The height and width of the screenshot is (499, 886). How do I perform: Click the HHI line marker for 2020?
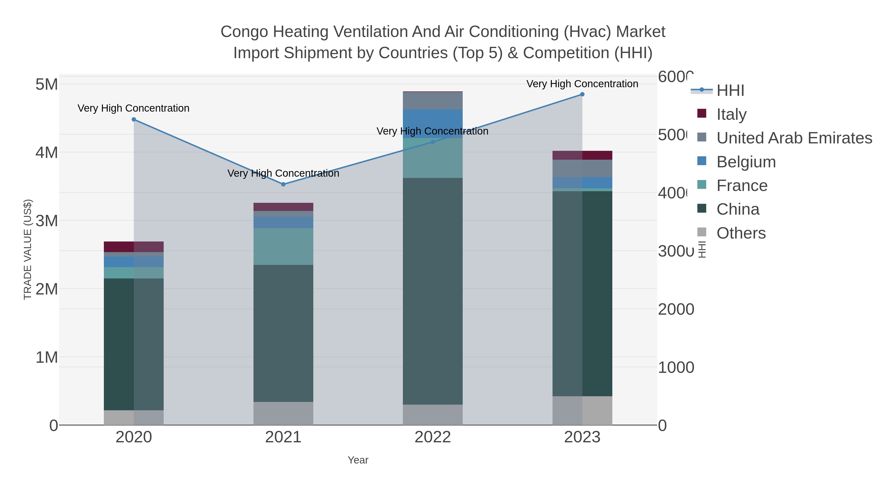tap(134, 120)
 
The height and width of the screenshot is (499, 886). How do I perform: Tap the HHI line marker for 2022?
tap(433, 142)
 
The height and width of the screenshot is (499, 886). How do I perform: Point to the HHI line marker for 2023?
tap(582, 94)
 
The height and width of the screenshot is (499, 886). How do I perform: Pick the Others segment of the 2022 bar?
tap(433, 415)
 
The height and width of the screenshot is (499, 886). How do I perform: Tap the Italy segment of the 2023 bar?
tap(582, 155)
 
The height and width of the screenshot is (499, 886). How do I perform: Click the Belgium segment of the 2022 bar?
tap(433, 124)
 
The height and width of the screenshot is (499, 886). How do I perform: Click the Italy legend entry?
tap(731, 114)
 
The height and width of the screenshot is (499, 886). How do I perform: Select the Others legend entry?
tap(741, 233)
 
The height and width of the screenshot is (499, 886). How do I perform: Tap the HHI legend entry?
tap(730, 91)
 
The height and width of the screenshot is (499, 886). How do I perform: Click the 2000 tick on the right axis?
tap(676, 309)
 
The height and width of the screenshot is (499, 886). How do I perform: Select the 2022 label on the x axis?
tap(433, 437)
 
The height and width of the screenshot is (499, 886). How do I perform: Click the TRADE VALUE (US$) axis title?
tap(28, 249)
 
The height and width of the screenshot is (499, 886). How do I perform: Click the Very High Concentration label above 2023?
tap(582, 84)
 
